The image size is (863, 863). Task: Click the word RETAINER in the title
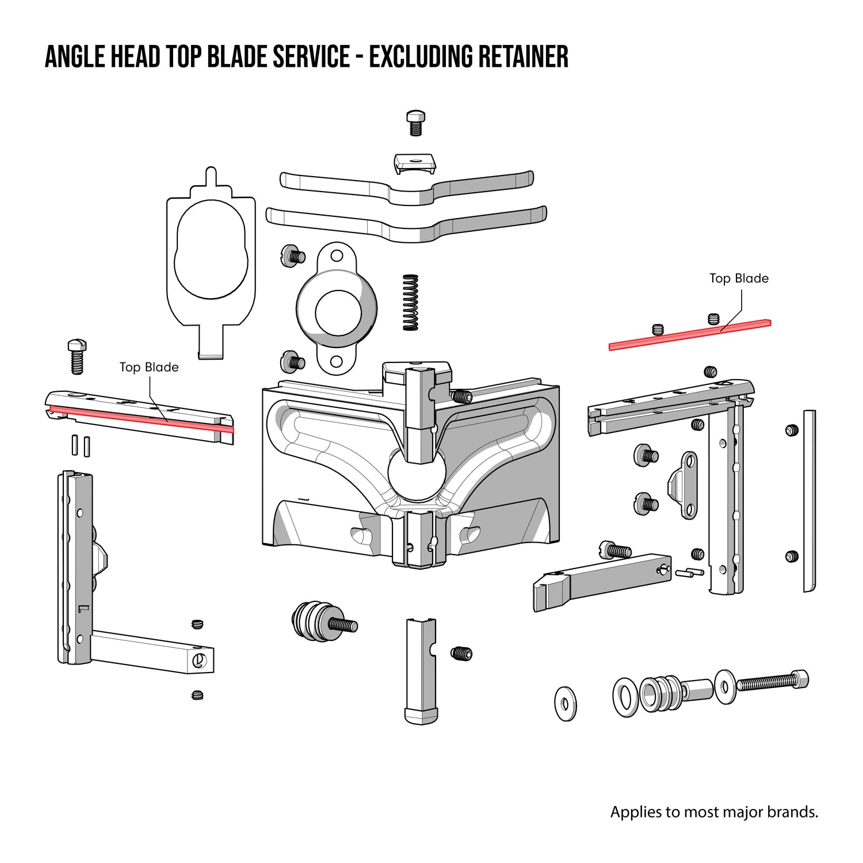click(x=523, y=56)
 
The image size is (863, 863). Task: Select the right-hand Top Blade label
click(x=739, y=278)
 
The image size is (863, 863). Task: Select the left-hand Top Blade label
click(x=149, y=367)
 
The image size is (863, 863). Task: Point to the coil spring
click(x=410, y=303)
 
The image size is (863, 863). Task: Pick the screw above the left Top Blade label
click(x=77, y=356)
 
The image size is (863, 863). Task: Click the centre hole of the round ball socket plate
click(x=338, y=313)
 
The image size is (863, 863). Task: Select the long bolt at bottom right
click(x=771, y=682)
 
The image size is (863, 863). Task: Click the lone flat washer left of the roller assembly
click(x=565, y=703)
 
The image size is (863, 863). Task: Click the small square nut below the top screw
click(x=414, y=162)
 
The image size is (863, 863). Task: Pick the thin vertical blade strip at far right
click(x=809, y=501)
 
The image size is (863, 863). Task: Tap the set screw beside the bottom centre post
click(x=461, y=654)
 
